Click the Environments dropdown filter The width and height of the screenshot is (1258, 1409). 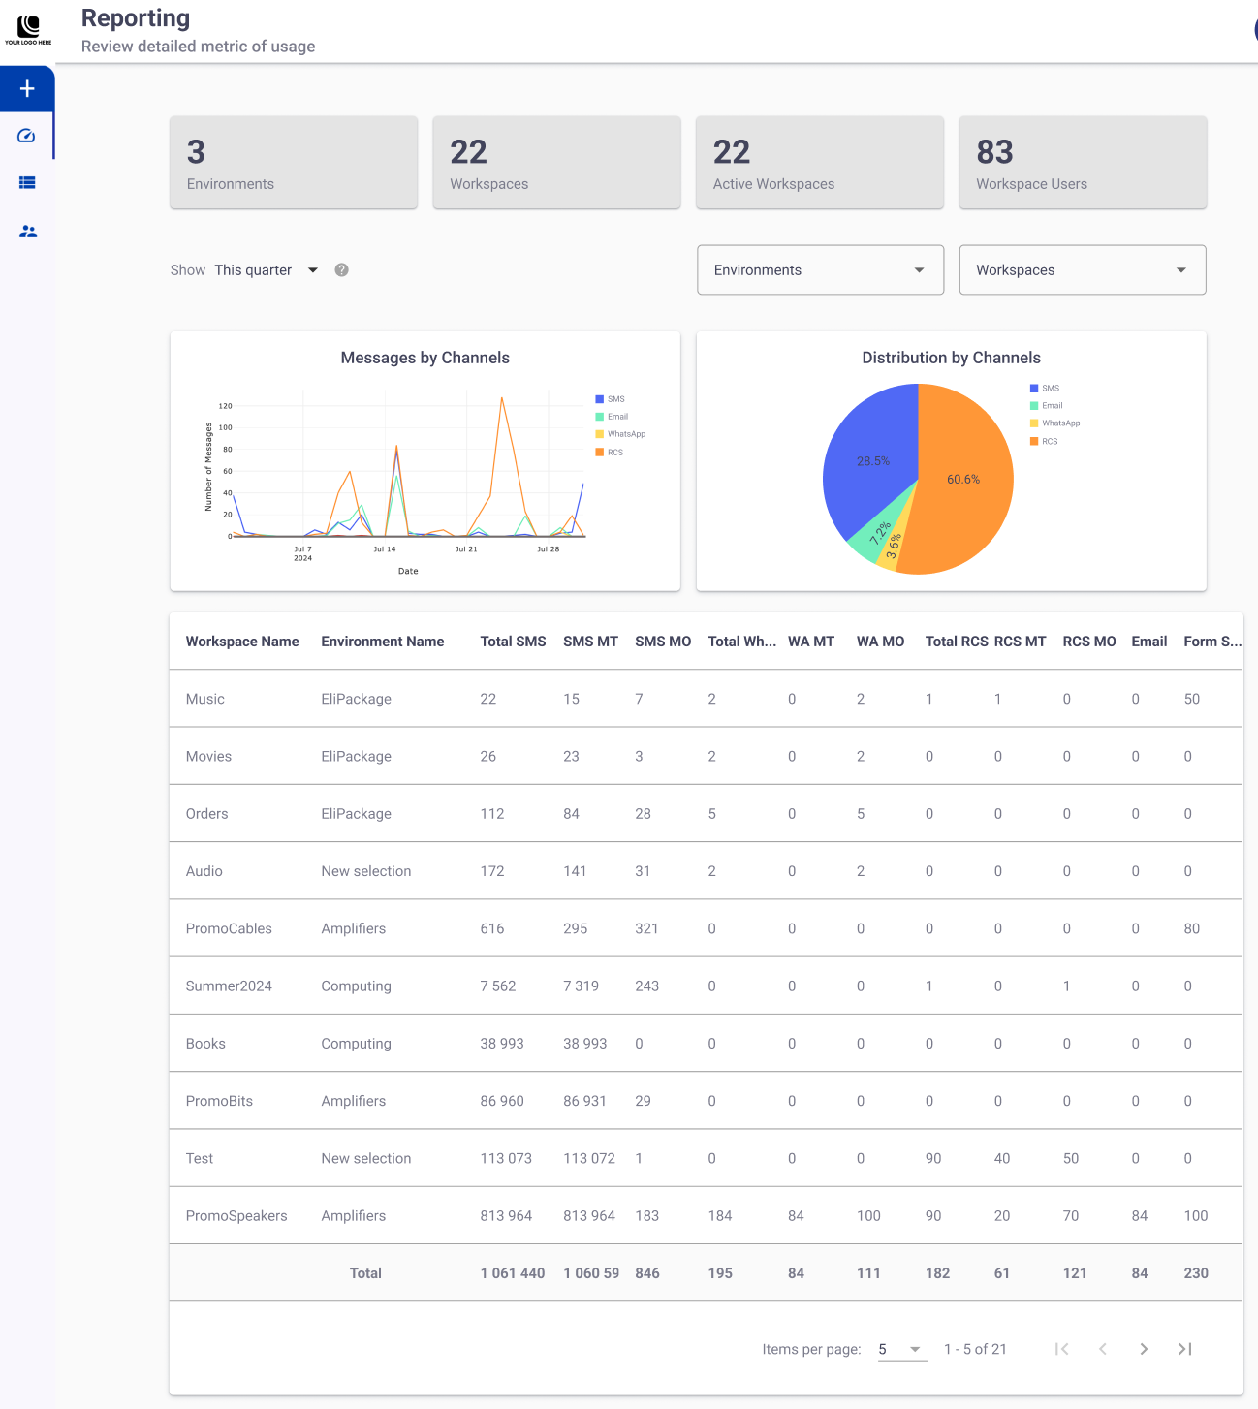pos(820,269)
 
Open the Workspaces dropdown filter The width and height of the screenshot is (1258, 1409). pos(1083,269)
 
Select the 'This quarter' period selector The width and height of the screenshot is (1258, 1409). pos(266,269)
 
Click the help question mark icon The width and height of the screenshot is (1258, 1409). pos(341,269)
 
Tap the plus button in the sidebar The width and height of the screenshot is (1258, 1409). pos(27,88)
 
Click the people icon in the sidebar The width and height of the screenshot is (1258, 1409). pos(28,232)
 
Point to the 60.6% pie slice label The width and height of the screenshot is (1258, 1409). pos(963,479)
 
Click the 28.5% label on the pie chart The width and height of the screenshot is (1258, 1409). pos(873,461)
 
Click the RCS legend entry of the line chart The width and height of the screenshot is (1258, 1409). pos(610,452)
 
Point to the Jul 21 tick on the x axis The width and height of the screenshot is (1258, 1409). pos(466,548)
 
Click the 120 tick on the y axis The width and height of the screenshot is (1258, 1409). pos(226,405)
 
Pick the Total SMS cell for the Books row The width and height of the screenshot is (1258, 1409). pos(502,1044)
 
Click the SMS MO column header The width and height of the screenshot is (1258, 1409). pos(663,642)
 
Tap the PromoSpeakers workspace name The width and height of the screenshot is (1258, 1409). pos(236,1215)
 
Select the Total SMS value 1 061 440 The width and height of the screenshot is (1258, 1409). pos(513,1272)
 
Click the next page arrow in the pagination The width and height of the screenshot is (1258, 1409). pos(1144,1349)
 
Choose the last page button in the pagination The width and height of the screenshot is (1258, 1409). pos(1185,1349)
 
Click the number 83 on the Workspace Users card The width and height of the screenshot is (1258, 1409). pos(995,151)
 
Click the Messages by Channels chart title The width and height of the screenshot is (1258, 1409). pos(425,358)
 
